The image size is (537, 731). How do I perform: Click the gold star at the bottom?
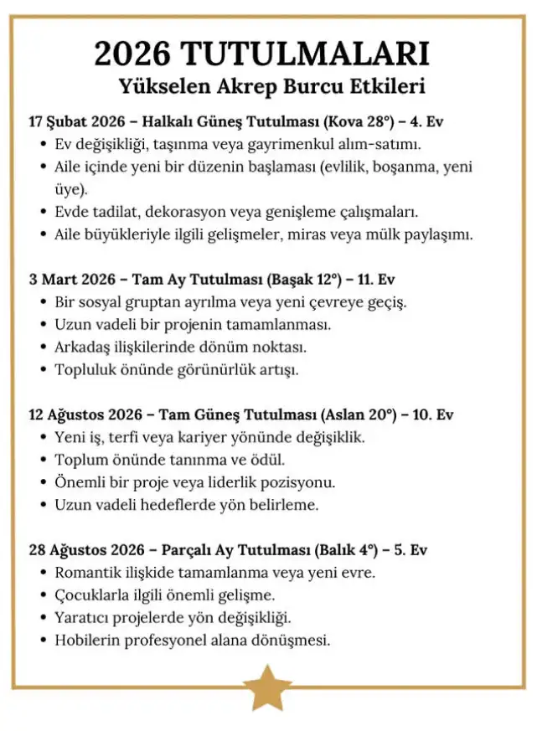pyautogui.click(x=268, y=687)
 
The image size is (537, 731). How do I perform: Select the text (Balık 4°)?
pyautogui.click(x=349, y=550)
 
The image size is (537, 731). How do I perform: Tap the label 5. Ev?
pyautogui.click(x=410, y=550)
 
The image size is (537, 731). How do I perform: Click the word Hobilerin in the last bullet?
pyautogui.click(x=87, y=641)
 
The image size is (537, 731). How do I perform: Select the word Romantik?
pyautogui.click(x=89, y=574)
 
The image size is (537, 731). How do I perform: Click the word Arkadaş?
pyautogui.click(x=86, y=347)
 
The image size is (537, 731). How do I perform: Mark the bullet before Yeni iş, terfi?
pyautogui.click(x=43, y=438)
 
